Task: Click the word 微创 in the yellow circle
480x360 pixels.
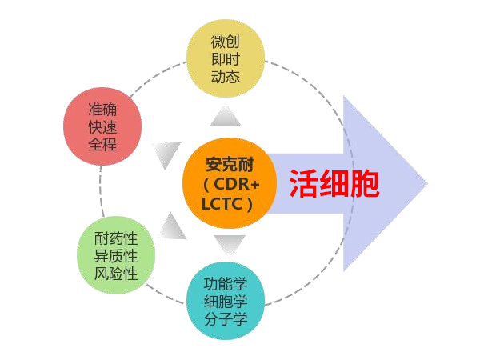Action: click(225, 39)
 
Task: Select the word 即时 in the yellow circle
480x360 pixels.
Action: click(225, 58)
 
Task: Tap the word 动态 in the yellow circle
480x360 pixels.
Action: click(225, 77)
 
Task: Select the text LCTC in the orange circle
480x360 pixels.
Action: click(225, 203)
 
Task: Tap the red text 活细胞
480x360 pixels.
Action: click(334, 183)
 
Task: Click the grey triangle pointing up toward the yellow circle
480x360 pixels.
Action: click(225, 118)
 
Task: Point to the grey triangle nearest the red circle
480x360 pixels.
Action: click(166, 154)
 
